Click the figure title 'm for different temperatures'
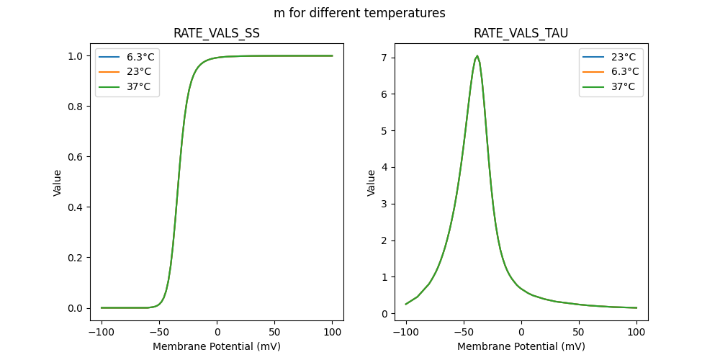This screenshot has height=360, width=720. click(359, 13)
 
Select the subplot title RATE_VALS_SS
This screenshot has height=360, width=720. click(217, 34)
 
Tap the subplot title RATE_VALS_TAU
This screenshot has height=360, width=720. click(521, 34)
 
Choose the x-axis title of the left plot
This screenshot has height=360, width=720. click(217, 346)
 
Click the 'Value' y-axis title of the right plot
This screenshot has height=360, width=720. click(372, 183)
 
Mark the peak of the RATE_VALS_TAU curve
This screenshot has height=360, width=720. click(477, 56)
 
